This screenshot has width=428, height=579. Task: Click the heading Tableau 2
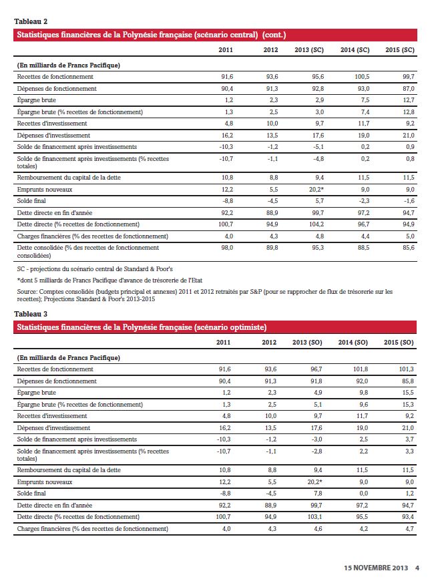coord(31,21)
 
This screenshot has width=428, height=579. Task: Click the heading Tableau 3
coord(31,313)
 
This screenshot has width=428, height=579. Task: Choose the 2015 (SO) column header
coord(399,343)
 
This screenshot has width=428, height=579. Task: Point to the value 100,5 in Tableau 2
coord(361,77)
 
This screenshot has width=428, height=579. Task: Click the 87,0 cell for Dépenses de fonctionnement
coord(407,88)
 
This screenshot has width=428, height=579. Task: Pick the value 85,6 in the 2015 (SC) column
coord(407,247)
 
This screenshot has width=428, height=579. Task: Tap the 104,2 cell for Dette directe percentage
coord(315,224)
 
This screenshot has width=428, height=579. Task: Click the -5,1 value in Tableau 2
coord(317,146)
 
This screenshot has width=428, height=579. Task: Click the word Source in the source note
coord(26,291)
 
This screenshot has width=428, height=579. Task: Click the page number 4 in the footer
coord(416,568)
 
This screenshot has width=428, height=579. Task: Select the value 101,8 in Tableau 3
coord(361,369)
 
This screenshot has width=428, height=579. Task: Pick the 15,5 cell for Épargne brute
coord(407,393)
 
